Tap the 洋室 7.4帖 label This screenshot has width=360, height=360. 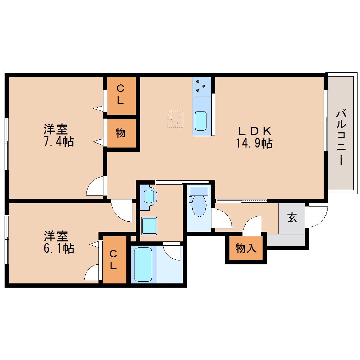(x=59, y=135)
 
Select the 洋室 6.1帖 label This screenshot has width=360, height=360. (x=59, y=242)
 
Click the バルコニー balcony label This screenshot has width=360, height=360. (x=341, y=138)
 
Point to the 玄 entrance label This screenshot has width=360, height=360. (x=292, y=218)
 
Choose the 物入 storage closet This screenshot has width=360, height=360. (x=246, y=248)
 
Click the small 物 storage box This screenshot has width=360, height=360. (x=121, y=133)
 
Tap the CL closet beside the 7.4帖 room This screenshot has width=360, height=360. (x=121, y=95)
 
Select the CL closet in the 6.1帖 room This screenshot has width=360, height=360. (x=113, y=259)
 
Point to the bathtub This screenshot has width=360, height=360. (x=143, y=264)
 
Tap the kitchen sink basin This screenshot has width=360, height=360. (x=201, y=121)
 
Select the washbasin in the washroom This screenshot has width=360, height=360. (x=149, y=196)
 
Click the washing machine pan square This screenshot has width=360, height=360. (x=149, y=225)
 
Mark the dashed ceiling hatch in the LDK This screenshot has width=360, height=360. (x=175, y=119)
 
